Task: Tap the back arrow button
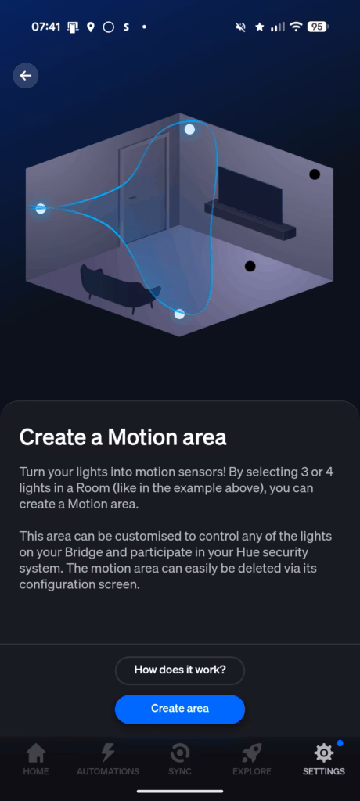(26, 76)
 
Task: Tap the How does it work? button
(180, 670)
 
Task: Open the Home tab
(36, 759)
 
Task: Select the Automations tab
(108, 759)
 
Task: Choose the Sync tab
(180, 759)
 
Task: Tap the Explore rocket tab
(251, 759)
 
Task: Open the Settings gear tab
(324, 759)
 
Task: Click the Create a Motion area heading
(123, 437)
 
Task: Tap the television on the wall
(250, 195)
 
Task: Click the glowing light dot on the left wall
(41, 208)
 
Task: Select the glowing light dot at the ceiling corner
(189, 129)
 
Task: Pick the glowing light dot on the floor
(179, 314)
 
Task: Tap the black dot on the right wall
(315, 174)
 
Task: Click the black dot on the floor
(250, 266)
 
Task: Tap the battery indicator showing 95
(318, 27)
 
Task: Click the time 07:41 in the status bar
(46, 27)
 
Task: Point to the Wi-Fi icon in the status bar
(296, 27)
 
